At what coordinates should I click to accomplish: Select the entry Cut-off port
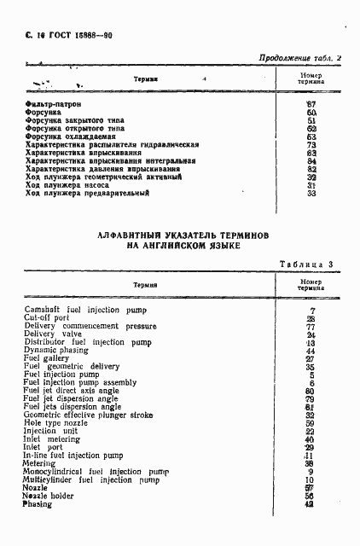(47, 318)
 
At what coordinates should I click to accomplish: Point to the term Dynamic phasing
(57, 351)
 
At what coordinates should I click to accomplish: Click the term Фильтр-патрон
(54, 104)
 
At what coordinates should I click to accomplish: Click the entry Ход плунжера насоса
(71, 185)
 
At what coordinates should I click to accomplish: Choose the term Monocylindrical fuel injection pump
(96, 472)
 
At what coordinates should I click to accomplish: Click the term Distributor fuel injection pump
(86, 343)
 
